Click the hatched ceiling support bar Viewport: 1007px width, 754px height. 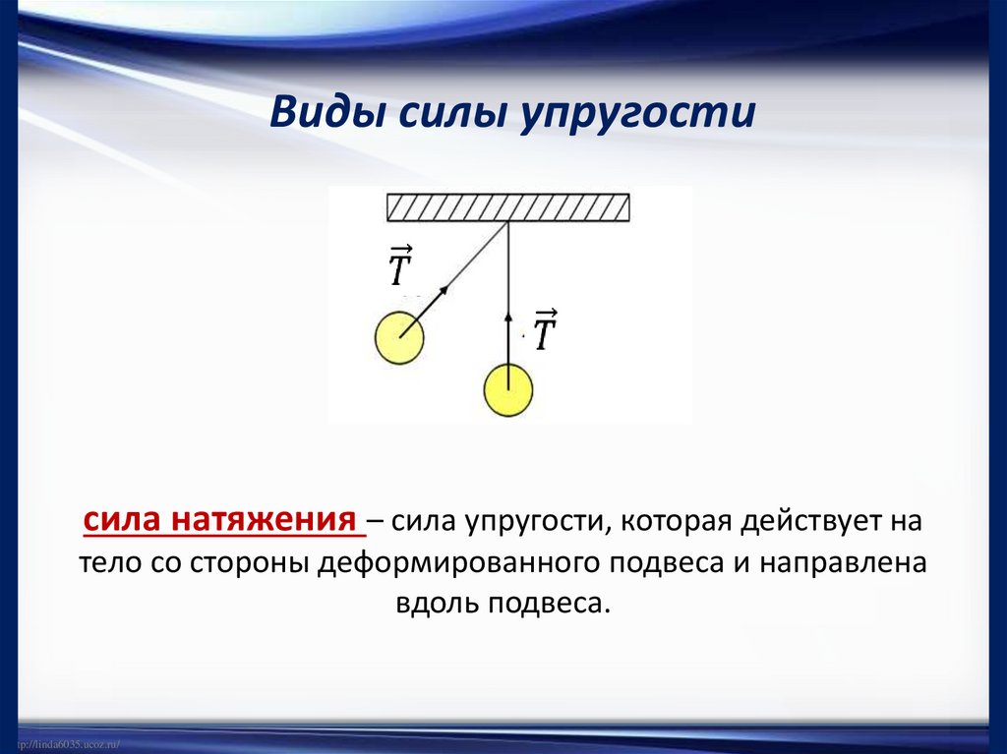click(x=507, y=207)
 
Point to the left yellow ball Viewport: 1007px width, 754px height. click(x=399, y=338)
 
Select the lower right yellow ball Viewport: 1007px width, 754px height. click(x=508, y=390)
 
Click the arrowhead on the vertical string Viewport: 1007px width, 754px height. click(x=508, y=318)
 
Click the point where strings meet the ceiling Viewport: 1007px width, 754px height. click(x=508, y=222)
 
